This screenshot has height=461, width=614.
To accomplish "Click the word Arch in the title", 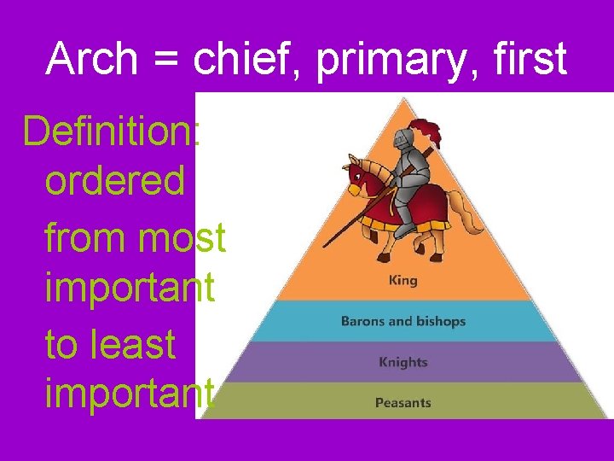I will [x=92, y=59].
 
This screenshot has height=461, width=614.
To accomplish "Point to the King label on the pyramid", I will [x=403, y=280].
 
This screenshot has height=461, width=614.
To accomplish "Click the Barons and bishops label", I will [x=403, y=322].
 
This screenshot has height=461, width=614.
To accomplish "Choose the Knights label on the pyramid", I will [x=403, y=362].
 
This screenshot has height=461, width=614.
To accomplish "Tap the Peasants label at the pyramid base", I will [x=403, y=402].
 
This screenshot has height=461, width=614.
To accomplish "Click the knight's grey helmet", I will [x=402, y=140].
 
